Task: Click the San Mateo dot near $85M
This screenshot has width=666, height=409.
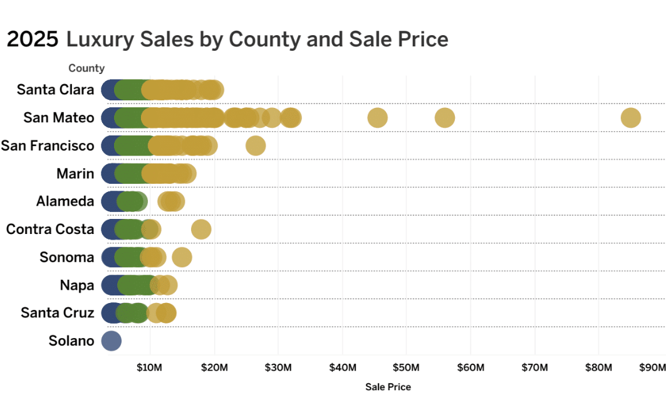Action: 630,118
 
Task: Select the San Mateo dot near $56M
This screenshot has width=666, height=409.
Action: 444,118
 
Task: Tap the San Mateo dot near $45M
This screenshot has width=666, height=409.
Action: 377,118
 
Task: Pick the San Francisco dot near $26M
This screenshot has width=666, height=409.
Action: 255,146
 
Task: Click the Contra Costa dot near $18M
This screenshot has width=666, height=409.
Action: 200,230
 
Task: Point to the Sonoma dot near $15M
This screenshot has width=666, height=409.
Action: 182,257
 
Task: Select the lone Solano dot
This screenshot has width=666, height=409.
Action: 111,341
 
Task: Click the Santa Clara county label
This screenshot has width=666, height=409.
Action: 55,90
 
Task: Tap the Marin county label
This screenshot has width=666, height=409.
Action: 75,174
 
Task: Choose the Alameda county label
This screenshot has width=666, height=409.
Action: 65,201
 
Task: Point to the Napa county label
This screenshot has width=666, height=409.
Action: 76,285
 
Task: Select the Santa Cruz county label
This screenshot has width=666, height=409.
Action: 57,312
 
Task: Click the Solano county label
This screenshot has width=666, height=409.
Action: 71,341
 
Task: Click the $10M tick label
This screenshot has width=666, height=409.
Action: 149,366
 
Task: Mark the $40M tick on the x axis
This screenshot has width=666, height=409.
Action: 342,366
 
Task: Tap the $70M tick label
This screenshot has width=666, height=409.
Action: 534,366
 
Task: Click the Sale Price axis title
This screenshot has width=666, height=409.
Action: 388,387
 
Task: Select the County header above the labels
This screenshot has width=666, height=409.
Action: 86,68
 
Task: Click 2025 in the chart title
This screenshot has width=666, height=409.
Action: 33,40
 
